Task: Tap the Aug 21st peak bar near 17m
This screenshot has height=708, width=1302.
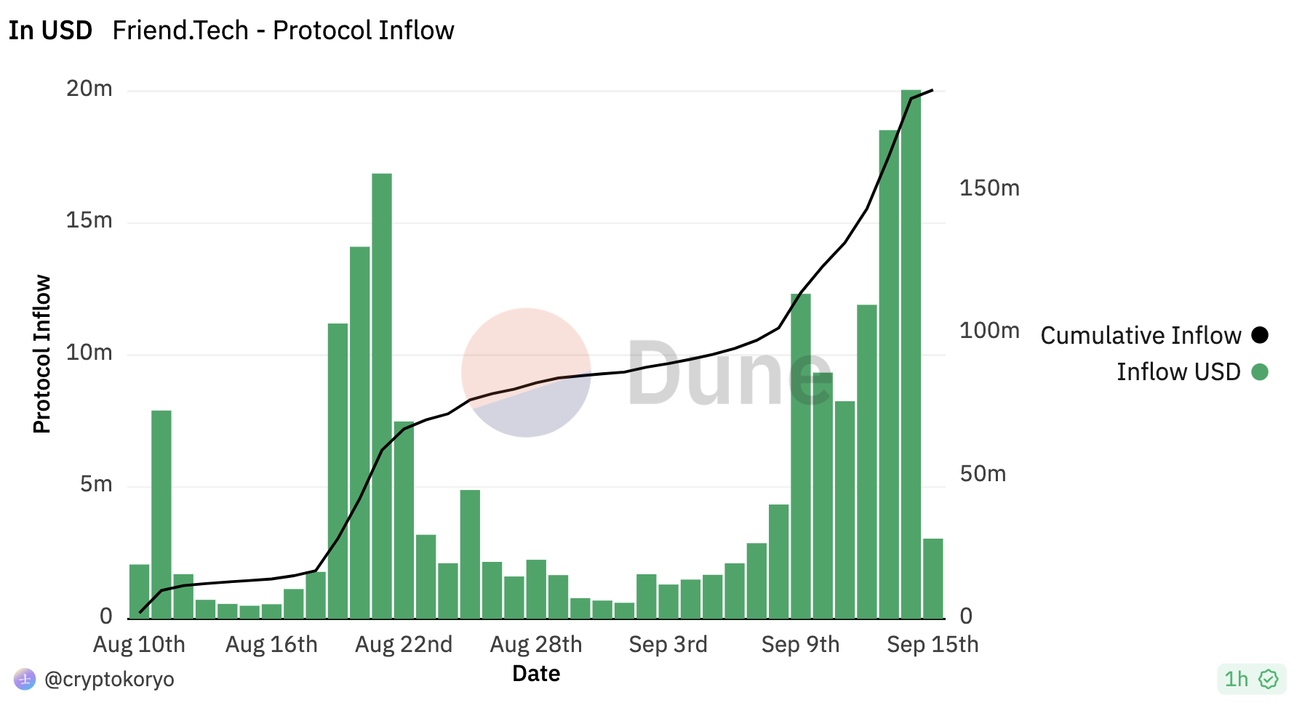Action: (x=382, y=395)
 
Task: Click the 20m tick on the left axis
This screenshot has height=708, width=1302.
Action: (x=89, y=89)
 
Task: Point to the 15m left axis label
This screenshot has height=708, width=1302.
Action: (x=89, y=220)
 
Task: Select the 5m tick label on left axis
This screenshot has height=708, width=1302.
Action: (x=97, y=484)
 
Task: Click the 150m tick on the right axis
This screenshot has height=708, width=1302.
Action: (x=989, y=188)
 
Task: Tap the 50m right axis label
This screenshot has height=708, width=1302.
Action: (x=983, y=474)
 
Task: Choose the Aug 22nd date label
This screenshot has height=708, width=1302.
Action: (x=404, y=645)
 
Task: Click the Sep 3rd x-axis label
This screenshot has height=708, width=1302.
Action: (x=668, y=645)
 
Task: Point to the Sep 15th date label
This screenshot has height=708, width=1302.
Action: (x=932, y=645)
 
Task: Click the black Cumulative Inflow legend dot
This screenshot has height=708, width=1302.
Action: (x=1260, y=335)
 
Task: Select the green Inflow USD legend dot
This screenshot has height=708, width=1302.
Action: (x=1260, y=372)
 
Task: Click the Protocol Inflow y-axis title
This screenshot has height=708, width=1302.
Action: (x=42, y=354)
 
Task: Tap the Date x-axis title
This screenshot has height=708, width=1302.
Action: (x=536, y=674)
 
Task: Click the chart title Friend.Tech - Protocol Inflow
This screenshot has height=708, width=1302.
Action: (x=283, y=31)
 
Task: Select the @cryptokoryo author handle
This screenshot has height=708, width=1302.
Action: (x=109, y=680)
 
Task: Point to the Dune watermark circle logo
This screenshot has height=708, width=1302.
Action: (x=526, y=372)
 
